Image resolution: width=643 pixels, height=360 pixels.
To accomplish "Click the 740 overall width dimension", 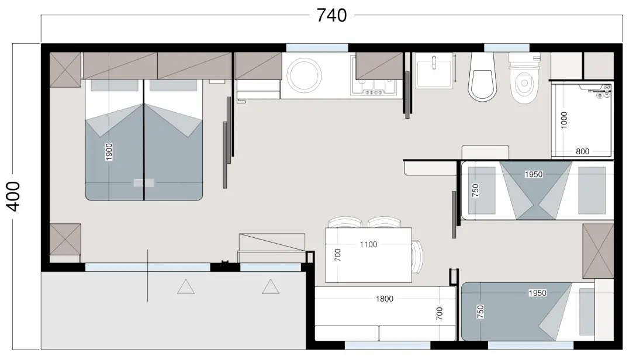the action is (331, 15).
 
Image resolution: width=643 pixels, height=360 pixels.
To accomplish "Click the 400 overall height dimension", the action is (13, 196).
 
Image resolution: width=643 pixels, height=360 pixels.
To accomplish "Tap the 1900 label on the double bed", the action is (109, 152).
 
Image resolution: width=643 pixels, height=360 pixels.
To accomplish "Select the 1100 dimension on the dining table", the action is (368, 245).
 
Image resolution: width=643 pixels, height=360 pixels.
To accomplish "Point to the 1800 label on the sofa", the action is (384, 299).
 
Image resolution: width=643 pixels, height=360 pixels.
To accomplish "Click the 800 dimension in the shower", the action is (582, 151).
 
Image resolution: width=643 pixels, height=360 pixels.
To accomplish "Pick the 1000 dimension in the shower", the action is (564, 120).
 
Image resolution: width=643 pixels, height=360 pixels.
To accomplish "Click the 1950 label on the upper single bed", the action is (534, 174).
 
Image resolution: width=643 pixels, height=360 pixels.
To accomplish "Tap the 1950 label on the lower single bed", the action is (537, 293).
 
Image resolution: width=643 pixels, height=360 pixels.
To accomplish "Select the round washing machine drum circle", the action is (304, 75).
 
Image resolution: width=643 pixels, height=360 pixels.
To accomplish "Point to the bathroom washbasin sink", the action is (434, 71).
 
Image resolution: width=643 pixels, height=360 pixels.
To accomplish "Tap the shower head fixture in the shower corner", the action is (603, 91).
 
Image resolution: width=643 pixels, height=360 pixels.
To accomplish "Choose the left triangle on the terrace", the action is (186, 286).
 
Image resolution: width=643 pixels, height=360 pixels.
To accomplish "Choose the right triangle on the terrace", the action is (271, 286).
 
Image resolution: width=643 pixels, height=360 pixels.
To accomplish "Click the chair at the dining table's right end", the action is (417, 257).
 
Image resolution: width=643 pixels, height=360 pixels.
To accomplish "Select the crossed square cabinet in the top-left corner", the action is (65, 70).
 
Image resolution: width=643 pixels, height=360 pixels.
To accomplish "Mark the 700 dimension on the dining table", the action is (337, 255).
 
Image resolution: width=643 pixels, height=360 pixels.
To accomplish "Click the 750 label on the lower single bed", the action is (480, 312).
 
